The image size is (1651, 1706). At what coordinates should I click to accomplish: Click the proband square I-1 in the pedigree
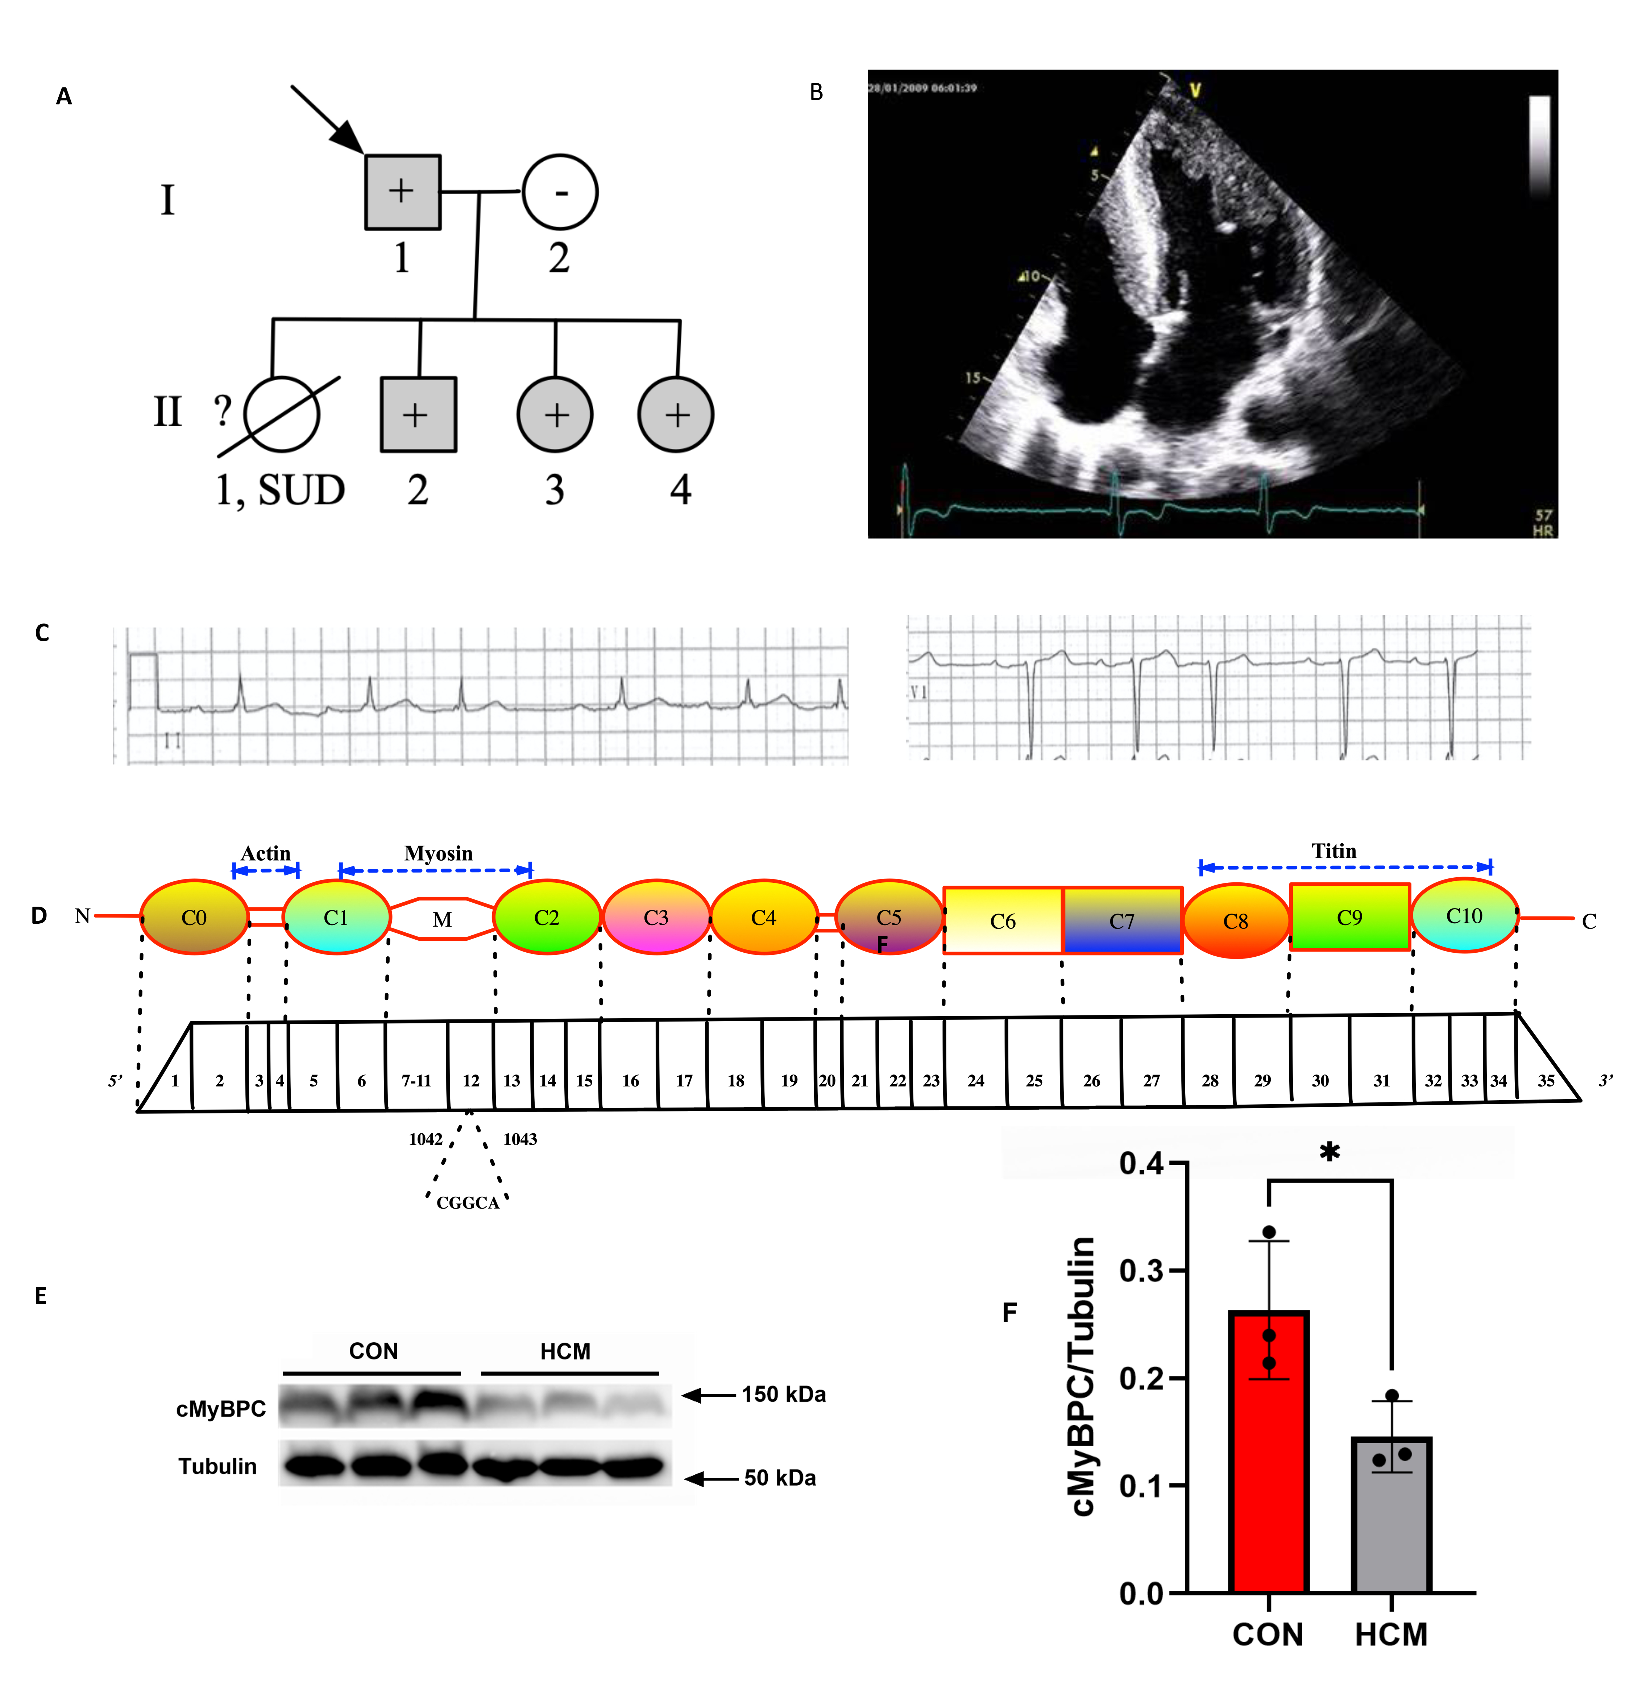[402, 192]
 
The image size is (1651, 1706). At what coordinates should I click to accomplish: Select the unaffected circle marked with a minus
[560, 192]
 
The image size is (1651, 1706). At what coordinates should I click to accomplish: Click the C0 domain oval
[194, 918]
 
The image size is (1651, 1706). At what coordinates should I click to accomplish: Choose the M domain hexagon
[442, 919]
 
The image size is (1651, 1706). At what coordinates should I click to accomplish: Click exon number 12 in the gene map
[471, 1080]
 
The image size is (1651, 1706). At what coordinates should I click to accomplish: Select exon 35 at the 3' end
[1546, 1080]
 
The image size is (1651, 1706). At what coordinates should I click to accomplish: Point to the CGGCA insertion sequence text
[467, 1203]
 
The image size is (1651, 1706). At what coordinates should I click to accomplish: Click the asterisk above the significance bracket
[1329, 1152]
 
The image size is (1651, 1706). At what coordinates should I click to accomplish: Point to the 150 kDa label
[783, 1394]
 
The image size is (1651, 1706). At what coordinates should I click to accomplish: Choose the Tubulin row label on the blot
[217, 1467]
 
